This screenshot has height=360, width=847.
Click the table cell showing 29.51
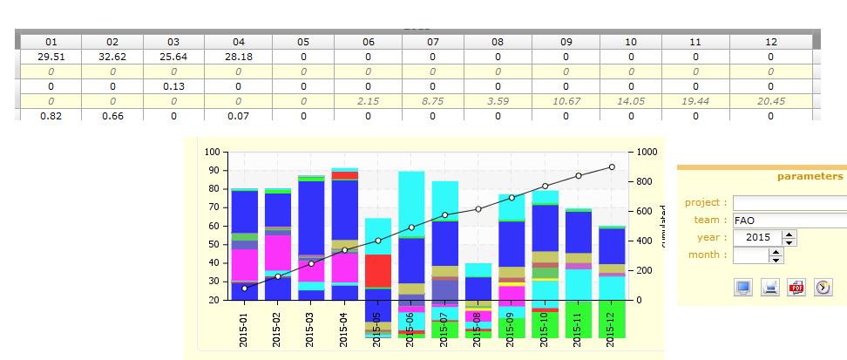51,57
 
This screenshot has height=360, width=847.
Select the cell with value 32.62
112,57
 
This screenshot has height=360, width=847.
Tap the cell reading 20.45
770,101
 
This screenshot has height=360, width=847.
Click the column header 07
433,42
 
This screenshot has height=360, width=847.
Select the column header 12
770,42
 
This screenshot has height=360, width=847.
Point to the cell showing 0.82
51,115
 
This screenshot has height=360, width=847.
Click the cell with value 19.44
695,101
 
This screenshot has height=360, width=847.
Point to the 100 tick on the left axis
213,153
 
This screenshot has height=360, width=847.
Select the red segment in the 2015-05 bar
377,270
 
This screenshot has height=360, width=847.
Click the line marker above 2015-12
612,166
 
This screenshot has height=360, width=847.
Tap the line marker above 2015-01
244,289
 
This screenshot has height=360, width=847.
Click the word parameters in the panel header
810,176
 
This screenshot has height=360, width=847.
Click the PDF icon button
796,287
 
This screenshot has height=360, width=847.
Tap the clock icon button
823,287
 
